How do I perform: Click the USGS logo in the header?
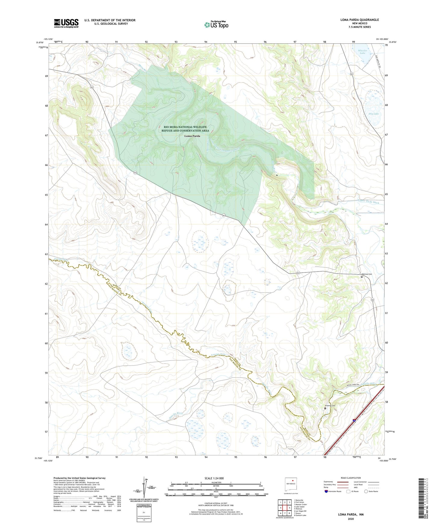click(66, 23)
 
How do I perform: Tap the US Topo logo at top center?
click(216, 25)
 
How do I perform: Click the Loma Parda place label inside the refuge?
click(192, 136)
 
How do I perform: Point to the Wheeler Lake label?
click(362, 51)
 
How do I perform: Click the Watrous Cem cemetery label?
click(366, 274)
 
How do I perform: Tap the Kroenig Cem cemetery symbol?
click(325, 408)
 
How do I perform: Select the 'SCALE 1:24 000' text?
click(214, 478)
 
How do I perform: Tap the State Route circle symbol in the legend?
click(366, 492)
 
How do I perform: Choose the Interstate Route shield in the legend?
click(326, 492)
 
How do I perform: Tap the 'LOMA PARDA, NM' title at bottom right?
click(351, 514)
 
